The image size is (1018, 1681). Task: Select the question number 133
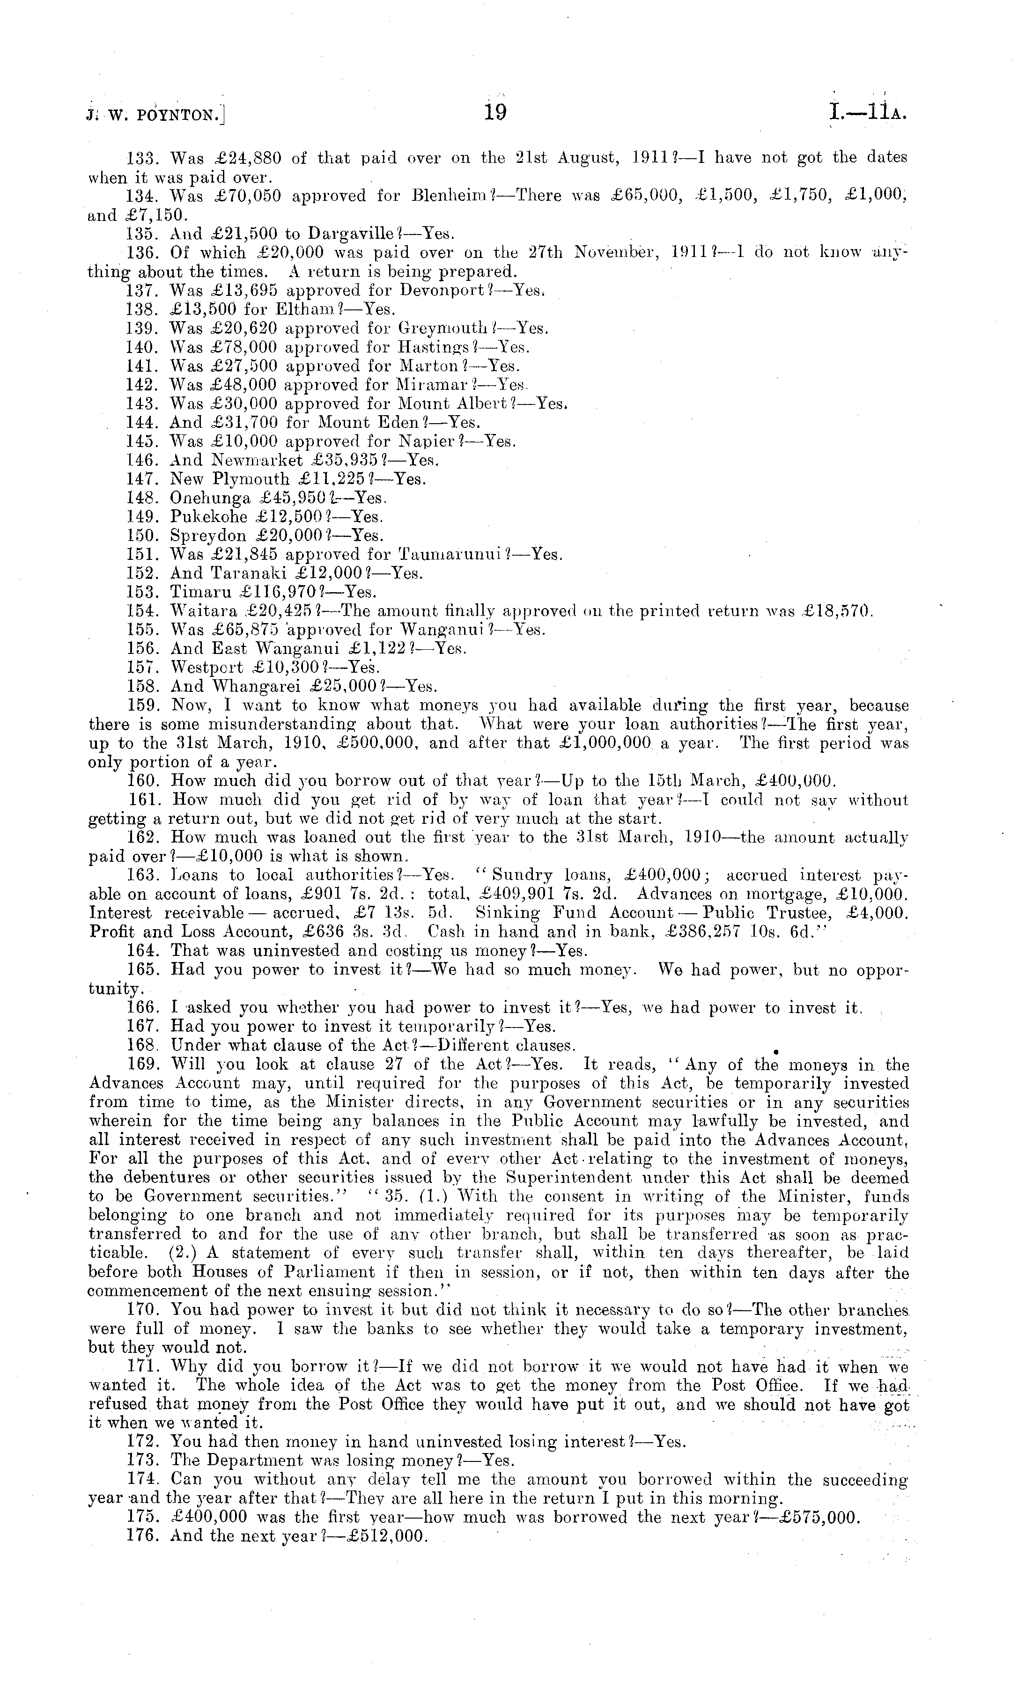click(142, 158)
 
